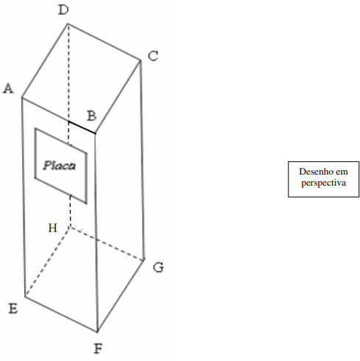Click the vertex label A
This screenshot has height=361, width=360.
(8, 88)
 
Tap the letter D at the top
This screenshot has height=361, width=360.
(63, 10)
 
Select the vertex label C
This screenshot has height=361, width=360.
(153, 56)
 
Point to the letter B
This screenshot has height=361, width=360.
(92, 116)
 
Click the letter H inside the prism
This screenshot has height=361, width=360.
(53, 228)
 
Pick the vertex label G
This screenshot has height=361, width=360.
(158, 267)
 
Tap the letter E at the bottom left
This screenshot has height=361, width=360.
(13, 309)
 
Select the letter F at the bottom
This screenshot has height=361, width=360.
(98, 348)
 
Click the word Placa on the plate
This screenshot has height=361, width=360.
(60, 166)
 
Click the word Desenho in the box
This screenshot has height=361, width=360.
(316, 172)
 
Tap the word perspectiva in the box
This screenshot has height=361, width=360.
(324, 183)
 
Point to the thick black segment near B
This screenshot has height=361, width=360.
(82, 127)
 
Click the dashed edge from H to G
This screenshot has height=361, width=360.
(107, 243)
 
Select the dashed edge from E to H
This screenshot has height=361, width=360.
(48, 262)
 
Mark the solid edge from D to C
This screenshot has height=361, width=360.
(105, 42)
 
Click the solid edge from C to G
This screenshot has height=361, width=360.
(142, 160)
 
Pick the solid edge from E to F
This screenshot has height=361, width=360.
(61, 315)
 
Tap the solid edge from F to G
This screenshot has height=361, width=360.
(121, 295)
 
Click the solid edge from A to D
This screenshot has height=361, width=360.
(45, 60)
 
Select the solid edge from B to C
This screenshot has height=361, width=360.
(118, 97)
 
